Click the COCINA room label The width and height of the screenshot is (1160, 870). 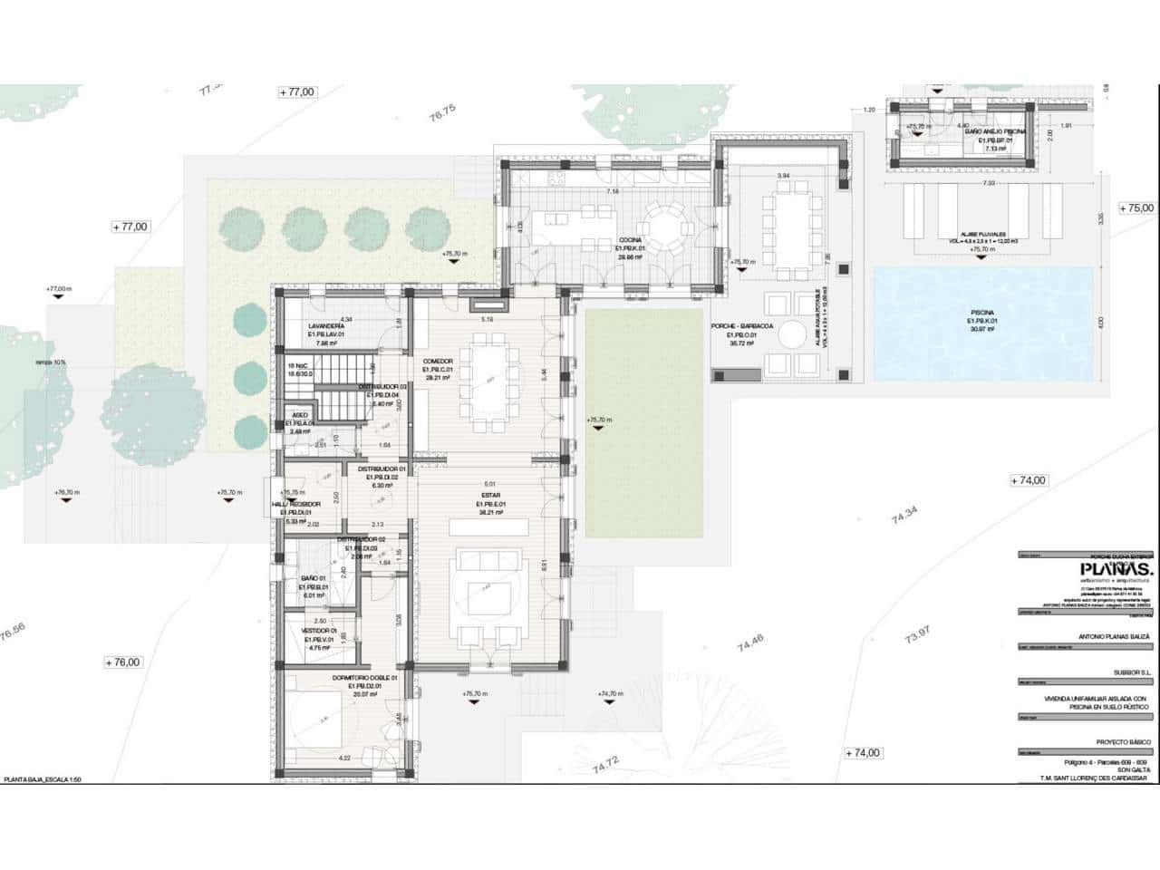[629, 240]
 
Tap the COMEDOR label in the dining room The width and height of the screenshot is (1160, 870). [437, 362]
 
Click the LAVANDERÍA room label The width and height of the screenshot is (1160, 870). [325, 325]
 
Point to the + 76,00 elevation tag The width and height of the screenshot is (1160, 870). [122, 662]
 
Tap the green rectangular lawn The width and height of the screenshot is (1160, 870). [644, 421]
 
